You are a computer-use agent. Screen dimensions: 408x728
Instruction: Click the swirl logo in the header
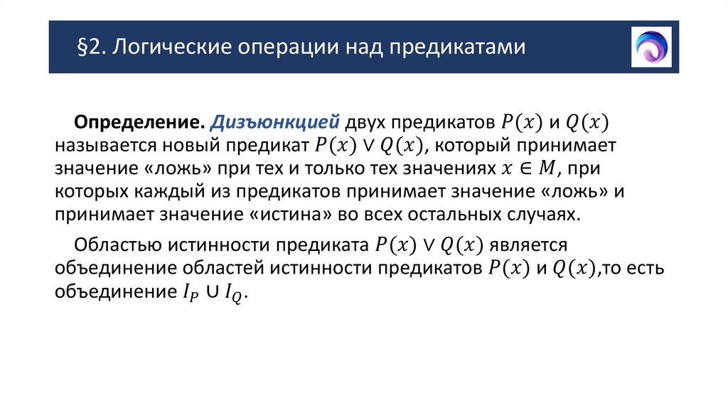point(651,47)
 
